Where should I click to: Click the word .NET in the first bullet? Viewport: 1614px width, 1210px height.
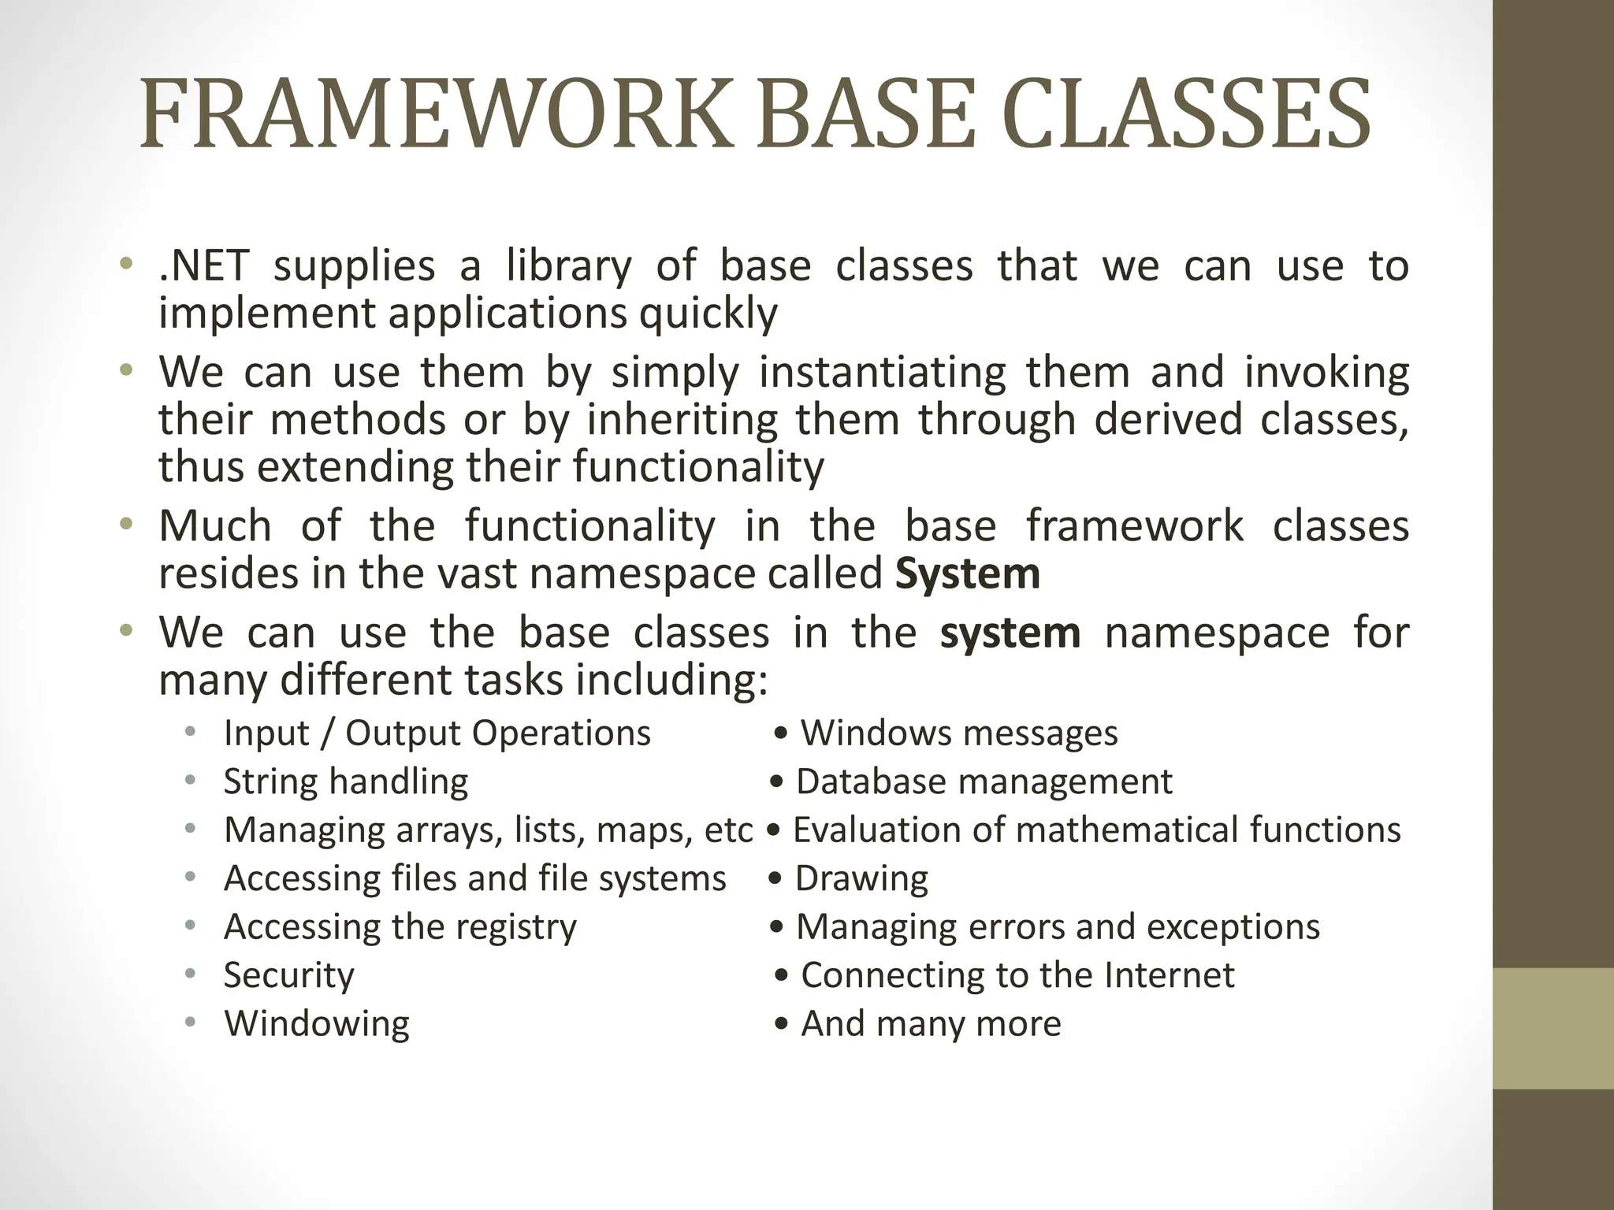point(203,266)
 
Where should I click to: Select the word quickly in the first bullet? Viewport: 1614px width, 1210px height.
point(708,314)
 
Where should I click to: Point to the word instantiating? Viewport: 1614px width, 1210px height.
point(882,372)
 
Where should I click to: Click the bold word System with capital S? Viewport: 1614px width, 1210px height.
point(968,573)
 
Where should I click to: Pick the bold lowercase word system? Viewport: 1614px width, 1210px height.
point(1010,633)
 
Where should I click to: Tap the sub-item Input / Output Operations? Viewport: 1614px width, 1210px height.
point(437,733)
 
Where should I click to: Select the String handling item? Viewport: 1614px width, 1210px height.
point(346,781)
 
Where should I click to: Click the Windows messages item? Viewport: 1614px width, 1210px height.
point(959,733)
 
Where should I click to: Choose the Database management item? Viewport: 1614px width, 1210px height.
point(984,781)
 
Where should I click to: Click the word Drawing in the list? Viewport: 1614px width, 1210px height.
point(861,878)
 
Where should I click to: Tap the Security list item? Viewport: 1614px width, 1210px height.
point(288,975)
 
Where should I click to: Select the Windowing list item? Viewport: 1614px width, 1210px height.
point(317,1023)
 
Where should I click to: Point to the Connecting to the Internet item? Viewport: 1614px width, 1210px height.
point(1017,975)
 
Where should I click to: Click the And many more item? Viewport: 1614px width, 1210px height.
point(931,1023)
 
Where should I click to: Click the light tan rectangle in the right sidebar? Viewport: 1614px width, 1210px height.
point(1553,1028)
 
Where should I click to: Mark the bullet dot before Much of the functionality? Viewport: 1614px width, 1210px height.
point(125,524)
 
